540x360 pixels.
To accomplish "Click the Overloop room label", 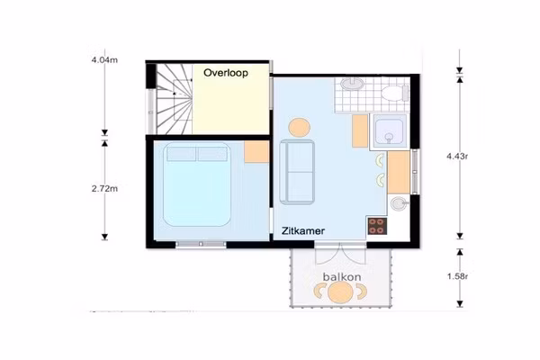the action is pyautogui.click(x=226, y=73).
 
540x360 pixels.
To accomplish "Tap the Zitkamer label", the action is pyautogui.click(x=303, y=230).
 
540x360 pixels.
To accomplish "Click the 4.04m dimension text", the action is pyautogui.click(x=104, y=60).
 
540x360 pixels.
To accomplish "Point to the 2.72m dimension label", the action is pyautogui.click(x=104, y=189).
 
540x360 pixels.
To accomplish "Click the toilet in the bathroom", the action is pyautogui.click(x=395, y=94).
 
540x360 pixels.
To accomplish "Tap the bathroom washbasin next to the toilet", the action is pyautogui.click(x=352, y=84).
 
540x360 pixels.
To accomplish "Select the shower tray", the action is pyautogui.click(x=389, y=131).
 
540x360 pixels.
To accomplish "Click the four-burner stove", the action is pyautogui.click(x=377, y=226).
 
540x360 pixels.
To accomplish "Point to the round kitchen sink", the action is pyautogui.click(x=399, y=203).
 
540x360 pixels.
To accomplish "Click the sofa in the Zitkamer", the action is pyautogui.click(x=297, y=172).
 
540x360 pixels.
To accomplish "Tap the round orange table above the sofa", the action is pyautogui.click(x=299, y=128).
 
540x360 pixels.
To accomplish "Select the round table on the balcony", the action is pyautogui.click(x=340, y=292).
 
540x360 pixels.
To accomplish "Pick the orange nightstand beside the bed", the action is pyautogui.click(x=256, y=151).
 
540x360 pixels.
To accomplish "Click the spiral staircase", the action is pyautogui.click(x=175, y=99).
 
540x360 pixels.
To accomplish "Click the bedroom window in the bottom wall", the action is pyautogui.click(x=201, y=244).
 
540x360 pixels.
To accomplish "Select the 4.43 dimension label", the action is pyautogui.click(x=457, y=156).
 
